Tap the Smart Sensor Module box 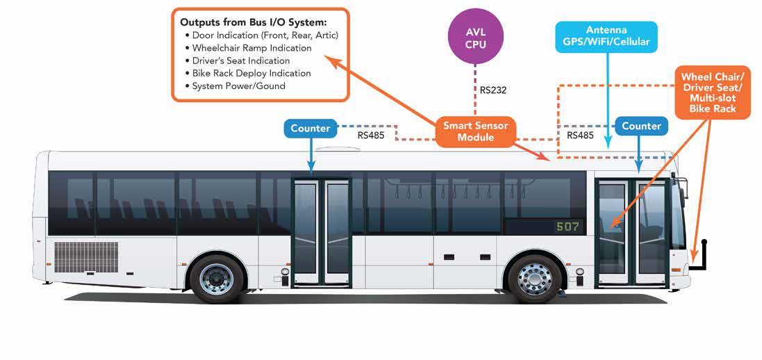click(475, 131)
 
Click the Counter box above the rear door click(310, 128)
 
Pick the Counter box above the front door click(640, 126)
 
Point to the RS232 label click(494, 90)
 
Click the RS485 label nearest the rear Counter click(370, 136)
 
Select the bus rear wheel click(217, 278)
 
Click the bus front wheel click(534, 278)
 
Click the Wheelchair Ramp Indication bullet click(251, 48)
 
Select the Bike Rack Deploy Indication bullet click(251, 73)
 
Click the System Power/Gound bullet click(238, 85)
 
